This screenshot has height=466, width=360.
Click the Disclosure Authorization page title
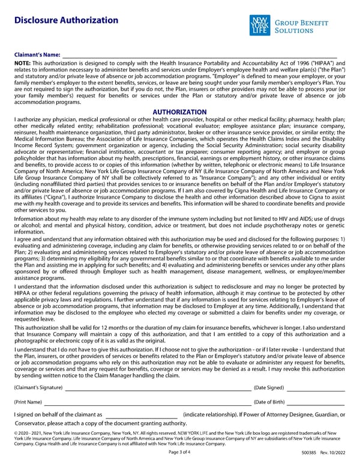pos(66,20)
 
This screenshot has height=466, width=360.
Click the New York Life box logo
pos(260,26)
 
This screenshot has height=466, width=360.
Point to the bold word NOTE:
pos(22,62)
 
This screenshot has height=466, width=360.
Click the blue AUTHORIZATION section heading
pos(180,112)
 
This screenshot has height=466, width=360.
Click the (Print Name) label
pos(28,402)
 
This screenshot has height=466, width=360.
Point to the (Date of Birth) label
pos(269,402)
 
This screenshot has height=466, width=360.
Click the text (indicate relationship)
pos(212,415)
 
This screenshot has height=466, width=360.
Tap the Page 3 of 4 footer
pos(180,452)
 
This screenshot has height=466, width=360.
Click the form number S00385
pos(310,452)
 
